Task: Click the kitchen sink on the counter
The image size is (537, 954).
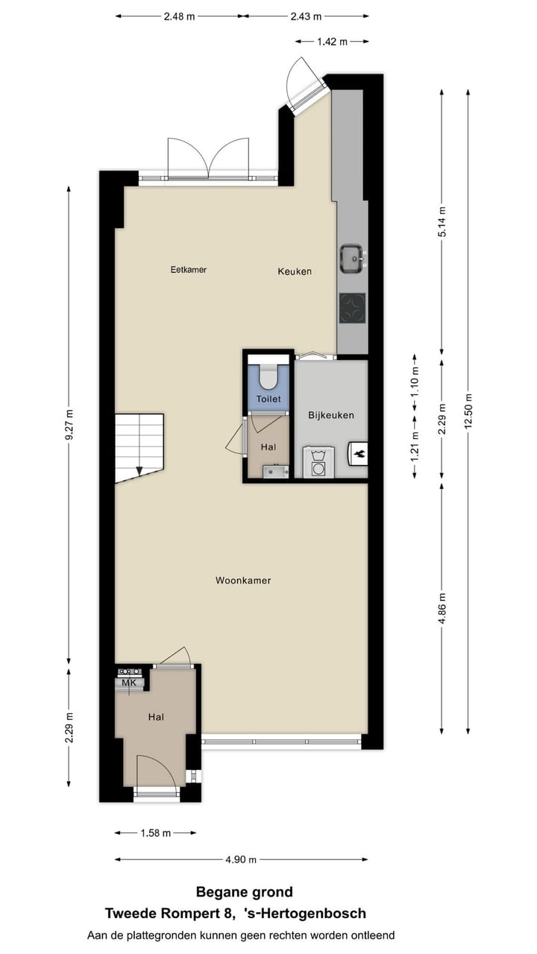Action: (x=351, y=258)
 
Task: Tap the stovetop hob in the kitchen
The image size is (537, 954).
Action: (x=352, y=308)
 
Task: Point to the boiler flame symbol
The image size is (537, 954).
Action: (x=358, y=452)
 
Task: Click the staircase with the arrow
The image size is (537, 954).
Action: (x=139, y=446)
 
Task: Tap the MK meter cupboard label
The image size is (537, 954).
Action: (x=129, y=683)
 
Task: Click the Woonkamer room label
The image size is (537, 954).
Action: (x=243, y=580)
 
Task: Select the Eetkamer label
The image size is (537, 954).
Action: (x=188, y=270)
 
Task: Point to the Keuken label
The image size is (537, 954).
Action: (x=295, y=271)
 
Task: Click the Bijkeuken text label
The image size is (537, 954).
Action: (x=331, y=415)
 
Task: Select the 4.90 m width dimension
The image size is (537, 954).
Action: (x=241, y=859)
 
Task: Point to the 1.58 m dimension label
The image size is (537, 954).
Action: (x=156, y=833)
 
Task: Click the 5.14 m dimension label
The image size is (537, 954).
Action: (x=442, y=221)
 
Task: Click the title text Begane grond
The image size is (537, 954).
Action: (x=244, y=891)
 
